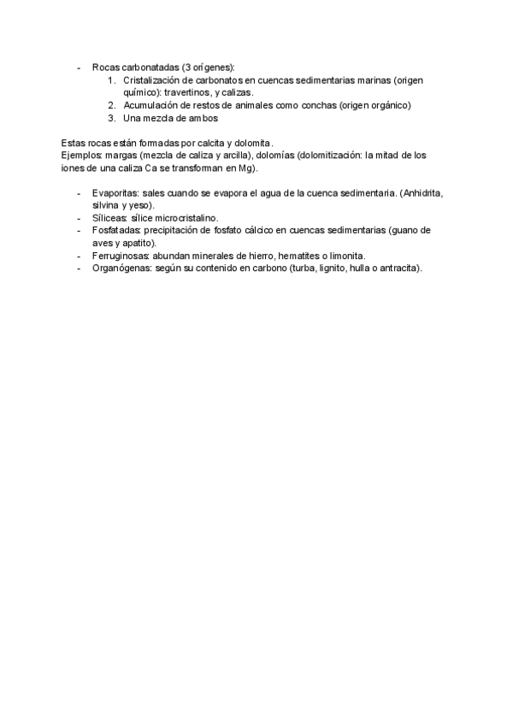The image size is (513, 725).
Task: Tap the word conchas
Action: click(316, 105)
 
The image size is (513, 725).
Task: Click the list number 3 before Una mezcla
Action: click(112, 118)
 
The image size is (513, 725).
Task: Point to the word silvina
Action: click(106, 206)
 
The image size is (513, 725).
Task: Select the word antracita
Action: click(398, 268)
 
